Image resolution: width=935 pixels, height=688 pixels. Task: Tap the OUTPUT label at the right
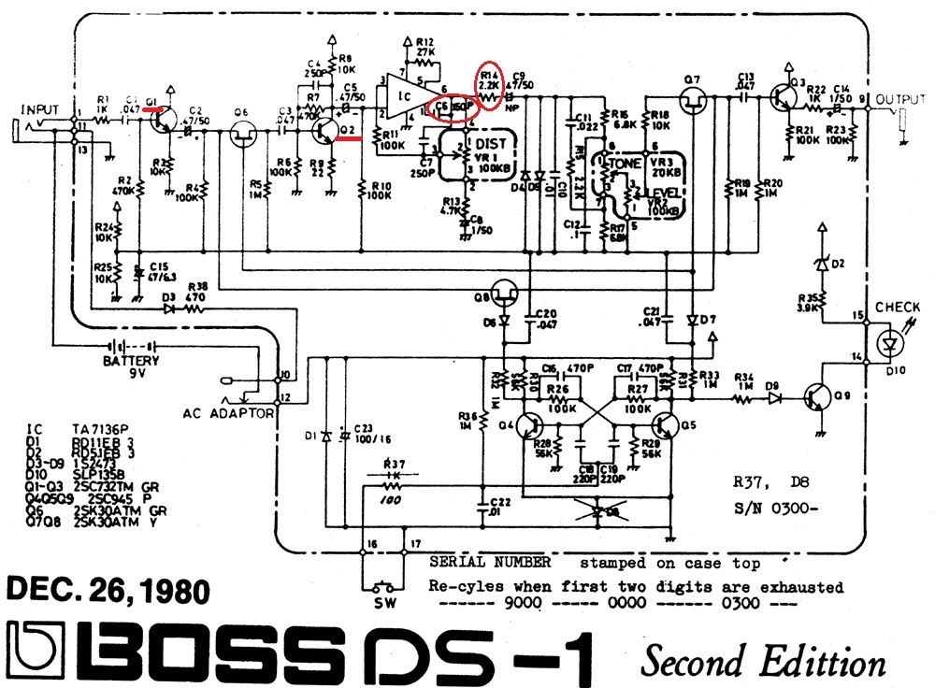click(x=896, y=97)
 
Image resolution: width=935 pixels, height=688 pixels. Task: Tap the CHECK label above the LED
click(x=897, y=308)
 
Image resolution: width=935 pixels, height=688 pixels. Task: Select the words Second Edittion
click(x=762, y=662)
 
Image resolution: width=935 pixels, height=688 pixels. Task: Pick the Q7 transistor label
click(x=692, y=78)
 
